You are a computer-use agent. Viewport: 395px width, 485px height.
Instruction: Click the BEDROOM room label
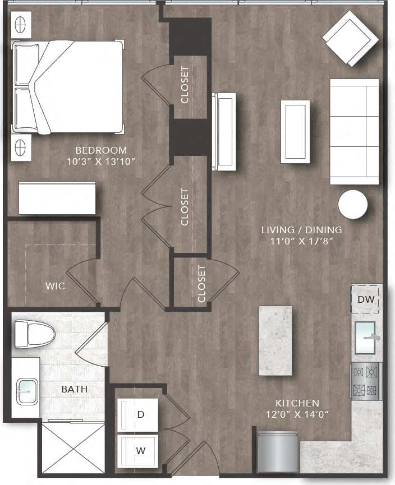click(101, 150)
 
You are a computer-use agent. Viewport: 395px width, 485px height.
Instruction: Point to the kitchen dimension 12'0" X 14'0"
click(297, 415)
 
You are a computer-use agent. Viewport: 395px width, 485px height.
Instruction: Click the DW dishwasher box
click(365, 299)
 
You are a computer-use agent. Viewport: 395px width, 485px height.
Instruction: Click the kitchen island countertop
click(275, 340)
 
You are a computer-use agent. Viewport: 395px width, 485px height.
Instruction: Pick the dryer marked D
click(138, 414)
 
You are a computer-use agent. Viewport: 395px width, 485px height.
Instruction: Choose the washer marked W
click(138, 449)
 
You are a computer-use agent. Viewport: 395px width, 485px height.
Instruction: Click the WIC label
click(55, 286)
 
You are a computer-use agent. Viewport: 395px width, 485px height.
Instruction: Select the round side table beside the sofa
click(353, 205)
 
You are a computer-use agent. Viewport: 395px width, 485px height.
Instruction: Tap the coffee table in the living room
click(295, 132)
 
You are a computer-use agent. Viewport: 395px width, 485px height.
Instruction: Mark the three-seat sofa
click(354, 132)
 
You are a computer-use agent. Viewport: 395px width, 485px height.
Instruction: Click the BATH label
click(75, 389)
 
